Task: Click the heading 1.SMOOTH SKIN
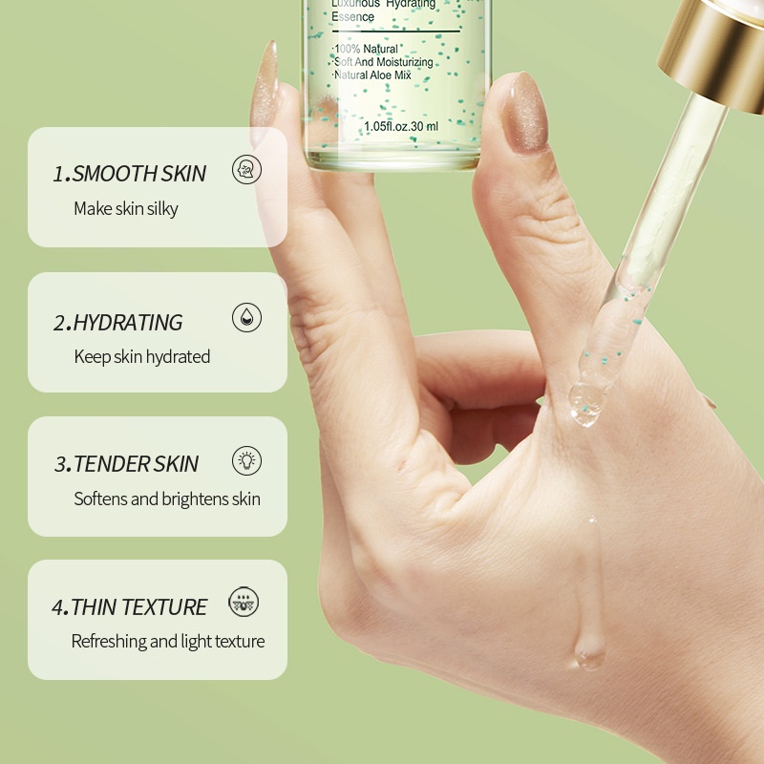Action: click(x=129, y=174)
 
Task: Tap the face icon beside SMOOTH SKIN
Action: click(x=246, y=171)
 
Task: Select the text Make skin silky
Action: click(x=126, y=208)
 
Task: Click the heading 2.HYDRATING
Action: click(x=117, y=323)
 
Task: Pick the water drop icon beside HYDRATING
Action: click(x=246, y=318)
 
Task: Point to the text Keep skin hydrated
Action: click(x=141, y=356)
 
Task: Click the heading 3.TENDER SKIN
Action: click(x=126, y=464)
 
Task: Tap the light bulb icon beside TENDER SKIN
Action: click(x=246, y=461)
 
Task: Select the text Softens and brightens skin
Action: click(x=167, y=499)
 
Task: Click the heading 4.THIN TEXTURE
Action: click(x=129, y=607)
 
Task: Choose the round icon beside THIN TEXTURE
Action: click(x=244, y=603)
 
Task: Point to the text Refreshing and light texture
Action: click(x=168, y=641)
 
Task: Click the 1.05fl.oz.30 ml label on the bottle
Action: click(x=401, y=126)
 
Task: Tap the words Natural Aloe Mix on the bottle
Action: click(x=371, y=74)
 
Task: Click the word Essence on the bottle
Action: click(x=352, y=17)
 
